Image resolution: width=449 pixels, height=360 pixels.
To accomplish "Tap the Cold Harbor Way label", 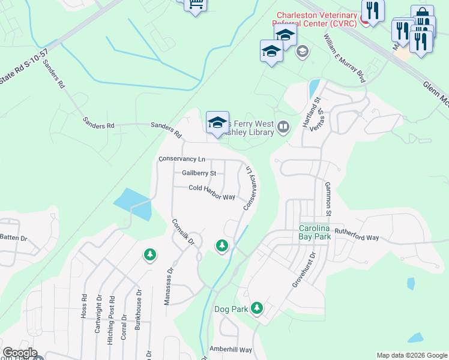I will point(211,188).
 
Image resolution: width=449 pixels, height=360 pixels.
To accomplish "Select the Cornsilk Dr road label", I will point(184,232).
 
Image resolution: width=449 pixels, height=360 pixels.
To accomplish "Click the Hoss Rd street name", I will point(84,307).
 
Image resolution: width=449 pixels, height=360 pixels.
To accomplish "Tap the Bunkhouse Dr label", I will point(139,313).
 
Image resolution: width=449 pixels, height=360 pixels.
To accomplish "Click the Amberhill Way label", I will point(231,349).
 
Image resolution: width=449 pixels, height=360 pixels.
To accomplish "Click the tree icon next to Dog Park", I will point(257,308).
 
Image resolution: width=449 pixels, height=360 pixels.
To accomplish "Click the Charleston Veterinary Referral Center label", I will point(316,19).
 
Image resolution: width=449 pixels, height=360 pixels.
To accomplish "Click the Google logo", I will point(20,353).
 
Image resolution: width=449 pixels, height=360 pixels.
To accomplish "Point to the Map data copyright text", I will point(411,355).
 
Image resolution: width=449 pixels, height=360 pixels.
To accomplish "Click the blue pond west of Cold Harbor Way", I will point(132,204).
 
